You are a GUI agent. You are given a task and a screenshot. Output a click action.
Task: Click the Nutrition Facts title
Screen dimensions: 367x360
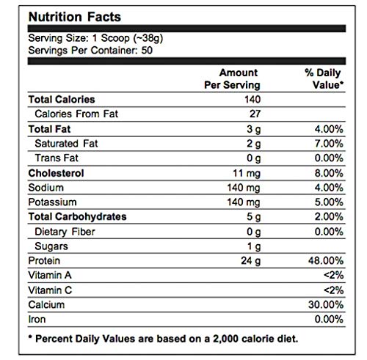[x=75, y=17]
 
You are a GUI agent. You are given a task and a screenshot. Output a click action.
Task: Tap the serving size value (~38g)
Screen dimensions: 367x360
[x=148, y=38]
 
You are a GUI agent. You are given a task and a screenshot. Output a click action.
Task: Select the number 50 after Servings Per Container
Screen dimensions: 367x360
[x=147, y=51]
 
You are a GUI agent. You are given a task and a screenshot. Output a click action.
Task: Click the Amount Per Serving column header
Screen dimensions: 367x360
[x=232, y=78]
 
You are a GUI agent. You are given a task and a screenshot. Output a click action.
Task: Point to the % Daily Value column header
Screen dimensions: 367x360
[x=324, y=78]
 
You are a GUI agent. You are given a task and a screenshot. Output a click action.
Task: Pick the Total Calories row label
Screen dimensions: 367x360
[x=62, y=100]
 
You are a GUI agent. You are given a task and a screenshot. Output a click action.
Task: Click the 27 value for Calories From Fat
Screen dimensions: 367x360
[x=255, y=114]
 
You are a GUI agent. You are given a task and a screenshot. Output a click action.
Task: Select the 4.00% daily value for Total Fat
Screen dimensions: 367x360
[x=329, y=129]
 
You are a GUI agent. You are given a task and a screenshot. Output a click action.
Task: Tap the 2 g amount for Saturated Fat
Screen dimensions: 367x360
[x=253, y=144]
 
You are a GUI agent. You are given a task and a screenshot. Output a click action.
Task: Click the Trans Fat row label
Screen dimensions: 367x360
[x=57, y=158]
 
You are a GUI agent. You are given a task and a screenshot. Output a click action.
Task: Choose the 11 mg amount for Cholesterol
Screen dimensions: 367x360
[x=247, y=173]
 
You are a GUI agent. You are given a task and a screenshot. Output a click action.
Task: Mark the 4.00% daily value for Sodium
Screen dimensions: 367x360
[x=329, y=188]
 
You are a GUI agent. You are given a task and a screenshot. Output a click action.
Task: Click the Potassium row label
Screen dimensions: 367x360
[x=52, y=202]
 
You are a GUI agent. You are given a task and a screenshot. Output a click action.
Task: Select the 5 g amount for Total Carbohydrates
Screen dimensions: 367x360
[x=253, y=217]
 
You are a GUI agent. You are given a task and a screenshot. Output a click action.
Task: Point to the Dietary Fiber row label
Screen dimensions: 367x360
[x=65, y=232]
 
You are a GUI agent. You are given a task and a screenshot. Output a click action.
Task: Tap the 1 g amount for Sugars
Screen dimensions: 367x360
[x=254, y=246]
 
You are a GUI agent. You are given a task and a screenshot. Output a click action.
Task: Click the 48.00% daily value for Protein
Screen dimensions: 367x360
[x=326, y=261]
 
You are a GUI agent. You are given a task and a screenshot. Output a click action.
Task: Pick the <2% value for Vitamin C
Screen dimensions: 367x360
[x=333, y=290]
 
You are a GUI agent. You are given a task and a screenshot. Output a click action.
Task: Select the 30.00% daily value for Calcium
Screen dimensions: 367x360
[x=326, y=305]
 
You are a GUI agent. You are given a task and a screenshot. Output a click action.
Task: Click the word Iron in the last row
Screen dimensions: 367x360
[x=37, y=319]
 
